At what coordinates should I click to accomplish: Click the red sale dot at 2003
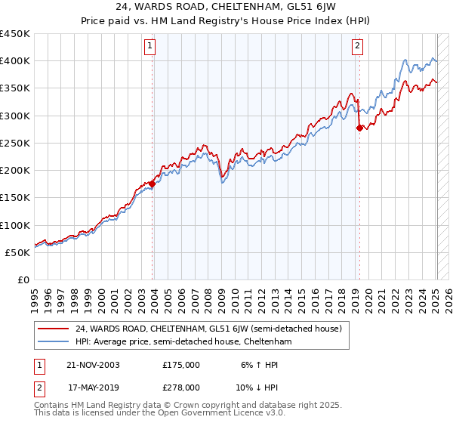click(153, 184)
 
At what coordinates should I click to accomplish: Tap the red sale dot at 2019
click(359, 127)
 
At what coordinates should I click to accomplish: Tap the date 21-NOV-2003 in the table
click(94, 365)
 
